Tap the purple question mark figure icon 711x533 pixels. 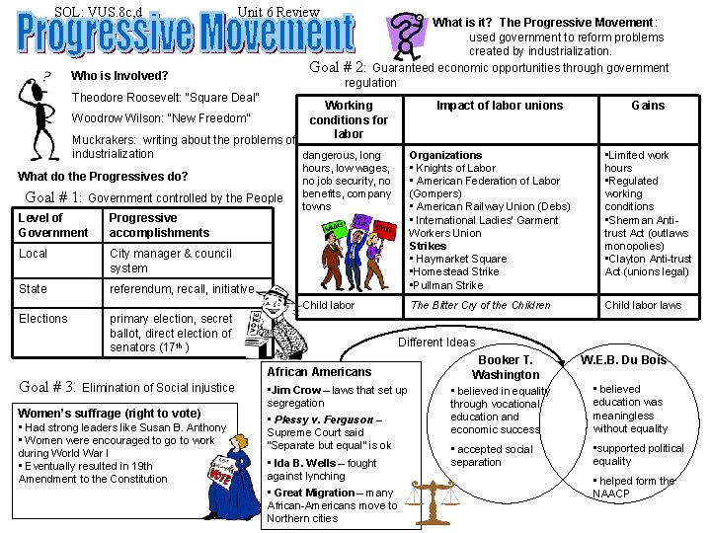pos(405,37)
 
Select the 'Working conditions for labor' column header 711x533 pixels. pos(349,119)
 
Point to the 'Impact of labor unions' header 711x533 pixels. pos(500,106)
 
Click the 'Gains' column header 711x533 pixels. pos(648,106)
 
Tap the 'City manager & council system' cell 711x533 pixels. pos(170,261)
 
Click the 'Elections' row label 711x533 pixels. pos(43,319)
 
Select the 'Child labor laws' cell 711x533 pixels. pos(643,305)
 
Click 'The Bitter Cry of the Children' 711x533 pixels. pos(480,305)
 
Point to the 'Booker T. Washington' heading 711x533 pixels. pos(505,367)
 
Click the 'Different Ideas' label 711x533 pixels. pos(435,343)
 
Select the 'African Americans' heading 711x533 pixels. pos(319,371)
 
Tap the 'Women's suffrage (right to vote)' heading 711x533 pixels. pos(110,413)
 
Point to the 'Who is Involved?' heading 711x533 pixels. pos(120,76)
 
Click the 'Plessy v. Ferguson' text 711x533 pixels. pos(321,419)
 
